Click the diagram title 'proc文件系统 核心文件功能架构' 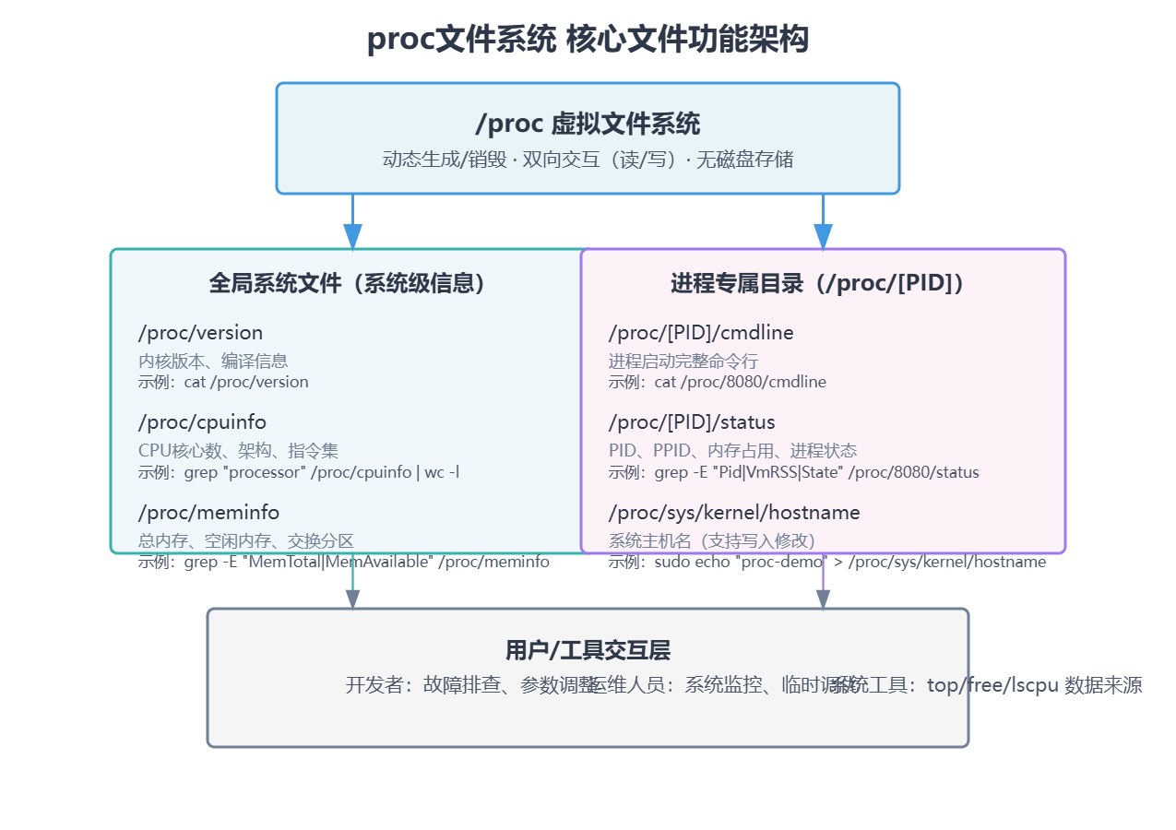coord(588,40)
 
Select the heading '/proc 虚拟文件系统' coord(588,124)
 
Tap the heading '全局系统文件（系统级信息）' coord(348,283)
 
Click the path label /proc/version coord(200,333)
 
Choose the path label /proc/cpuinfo coord(202,422)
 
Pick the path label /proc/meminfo coord(208,512)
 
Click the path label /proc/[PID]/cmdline coord(700,333)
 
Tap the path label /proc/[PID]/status coord(691,422)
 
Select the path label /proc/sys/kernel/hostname coord(733,512)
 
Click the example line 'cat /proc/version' coord(223,382)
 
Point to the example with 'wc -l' coord(299,472)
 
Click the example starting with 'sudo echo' coord(826,562)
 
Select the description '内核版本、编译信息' coord(213,361)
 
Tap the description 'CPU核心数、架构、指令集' coord(238,450)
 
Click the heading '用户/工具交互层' coord(588,650)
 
